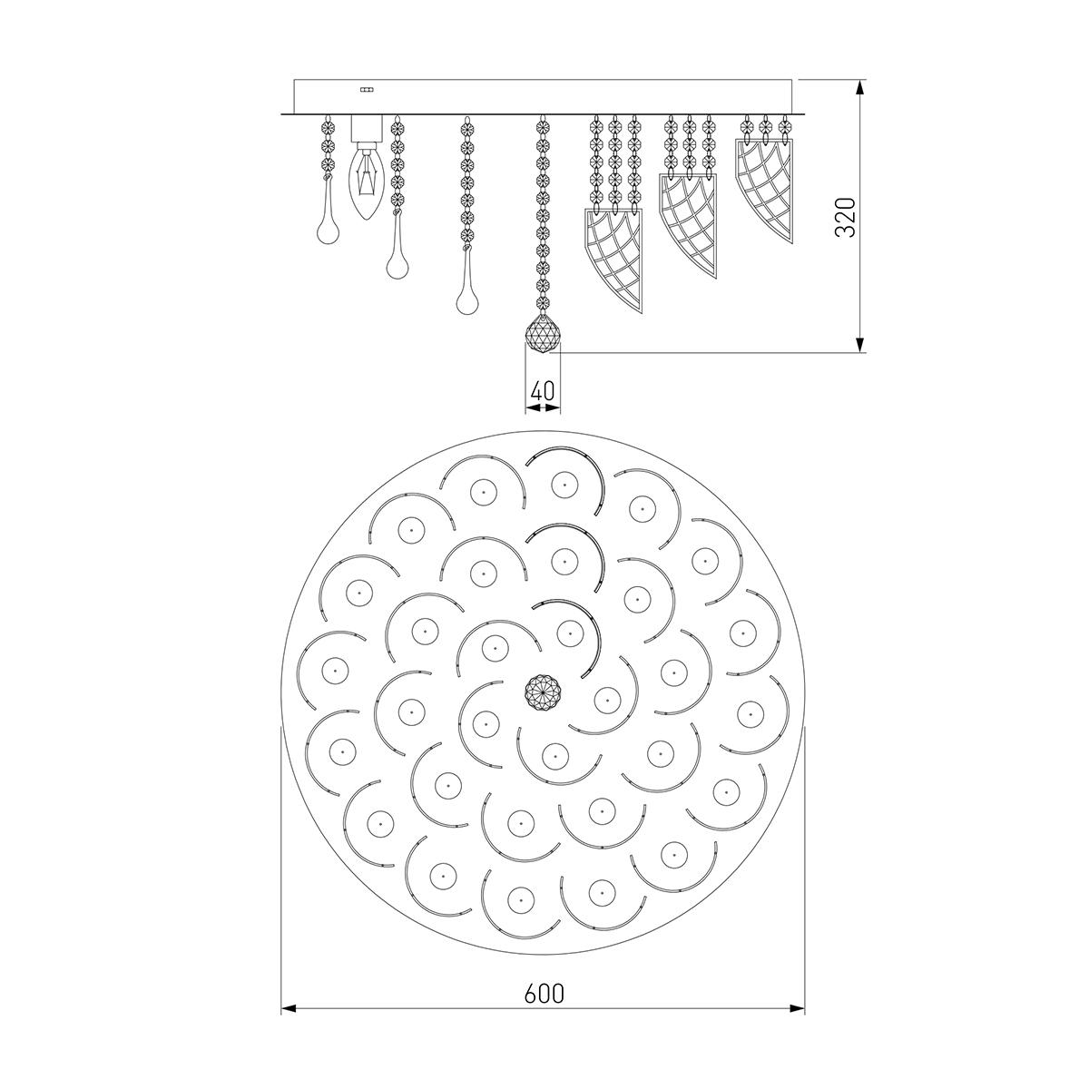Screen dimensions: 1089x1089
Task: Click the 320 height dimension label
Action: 846,217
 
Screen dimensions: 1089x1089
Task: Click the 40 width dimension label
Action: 543,390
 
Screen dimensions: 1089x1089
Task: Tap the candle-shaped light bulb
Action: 367,182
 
